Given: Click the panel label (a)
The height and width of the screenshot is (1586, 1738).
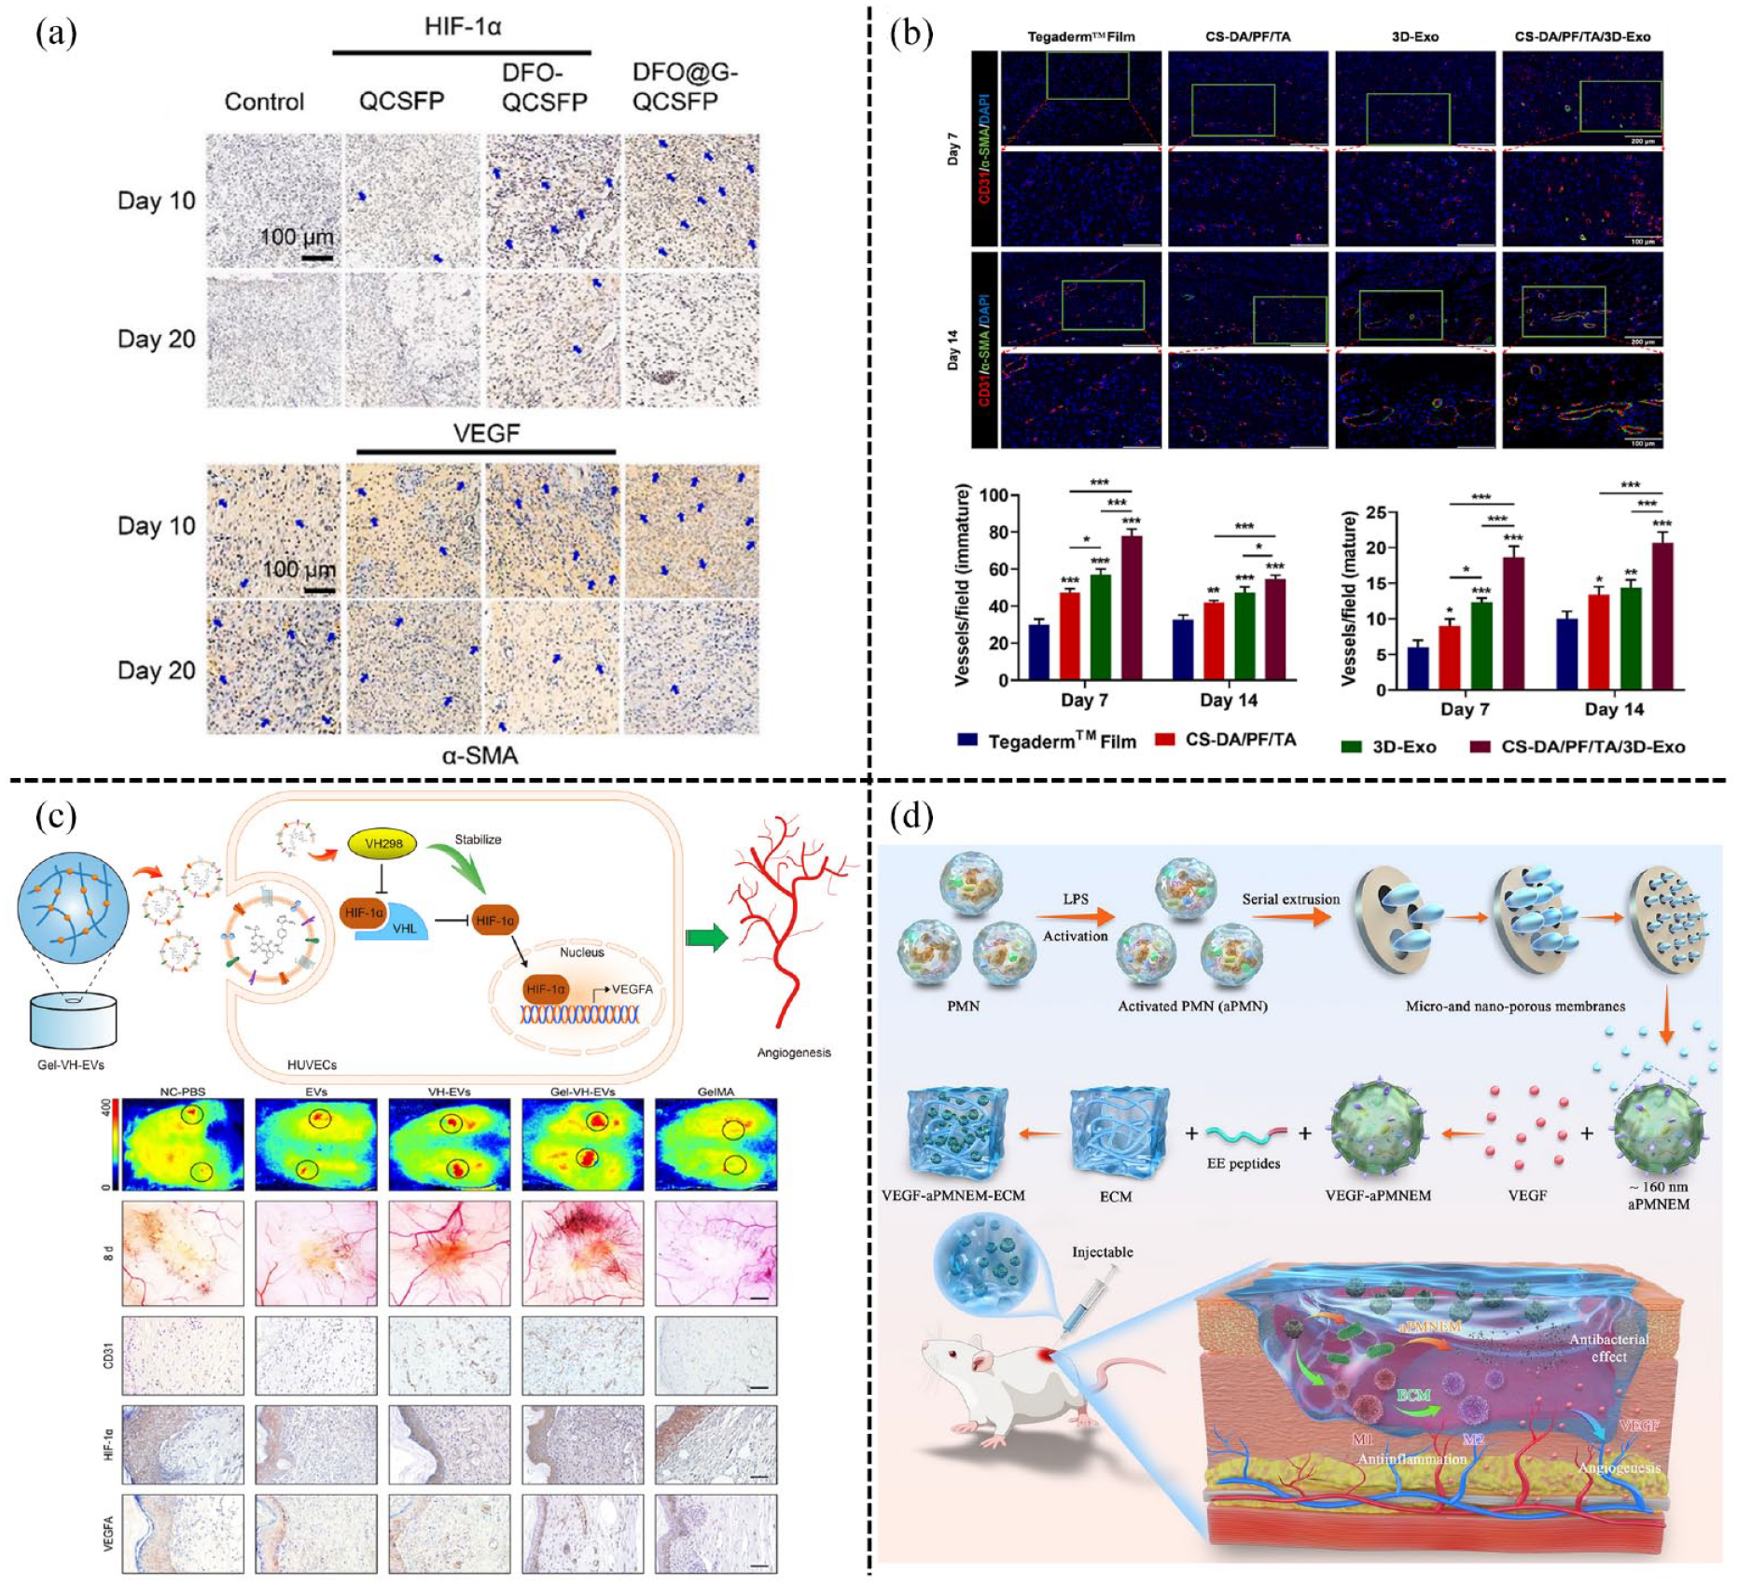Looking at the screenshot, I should (56, 35).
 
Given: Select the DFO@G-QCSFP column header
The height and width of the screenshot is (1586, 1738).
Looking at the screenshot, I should (684, 87).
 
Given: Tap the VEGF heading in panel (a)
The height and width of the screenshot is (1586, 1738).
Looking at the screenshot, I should (486, 434).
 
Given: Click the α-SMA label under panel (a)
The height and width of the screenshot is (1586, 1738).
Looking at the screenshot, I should (480, 755).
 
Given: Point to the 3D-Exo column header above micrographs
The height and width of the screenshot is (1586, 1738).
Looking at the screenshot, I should (1415, 36).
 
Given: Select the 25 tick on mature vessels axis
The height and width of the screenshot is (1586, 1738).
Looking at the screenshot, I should (1375, 512).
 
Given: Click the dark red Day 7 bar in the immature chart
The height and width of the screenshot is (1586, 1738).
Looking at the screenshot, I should (1132, 606).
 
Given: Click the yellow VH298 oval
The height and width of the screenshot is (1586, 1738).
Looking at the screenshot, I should (383, 844).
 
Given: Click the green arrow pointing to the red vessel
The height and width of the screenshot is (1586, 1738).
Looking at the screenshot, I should (705, 938).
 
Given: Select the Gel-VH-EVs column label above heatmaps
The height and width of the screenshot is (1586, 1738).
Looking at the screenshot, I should (583, 1091).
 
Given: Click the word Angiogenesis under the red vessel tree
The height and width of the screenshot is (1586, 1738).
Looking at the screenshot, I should (794, 1052).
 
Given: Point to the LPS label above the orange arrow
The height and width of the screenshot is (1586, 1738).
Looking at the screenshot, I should (1076, 899).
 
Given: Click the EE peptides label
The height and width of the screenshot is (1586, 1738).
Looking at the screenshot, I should (1244, 1163).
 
